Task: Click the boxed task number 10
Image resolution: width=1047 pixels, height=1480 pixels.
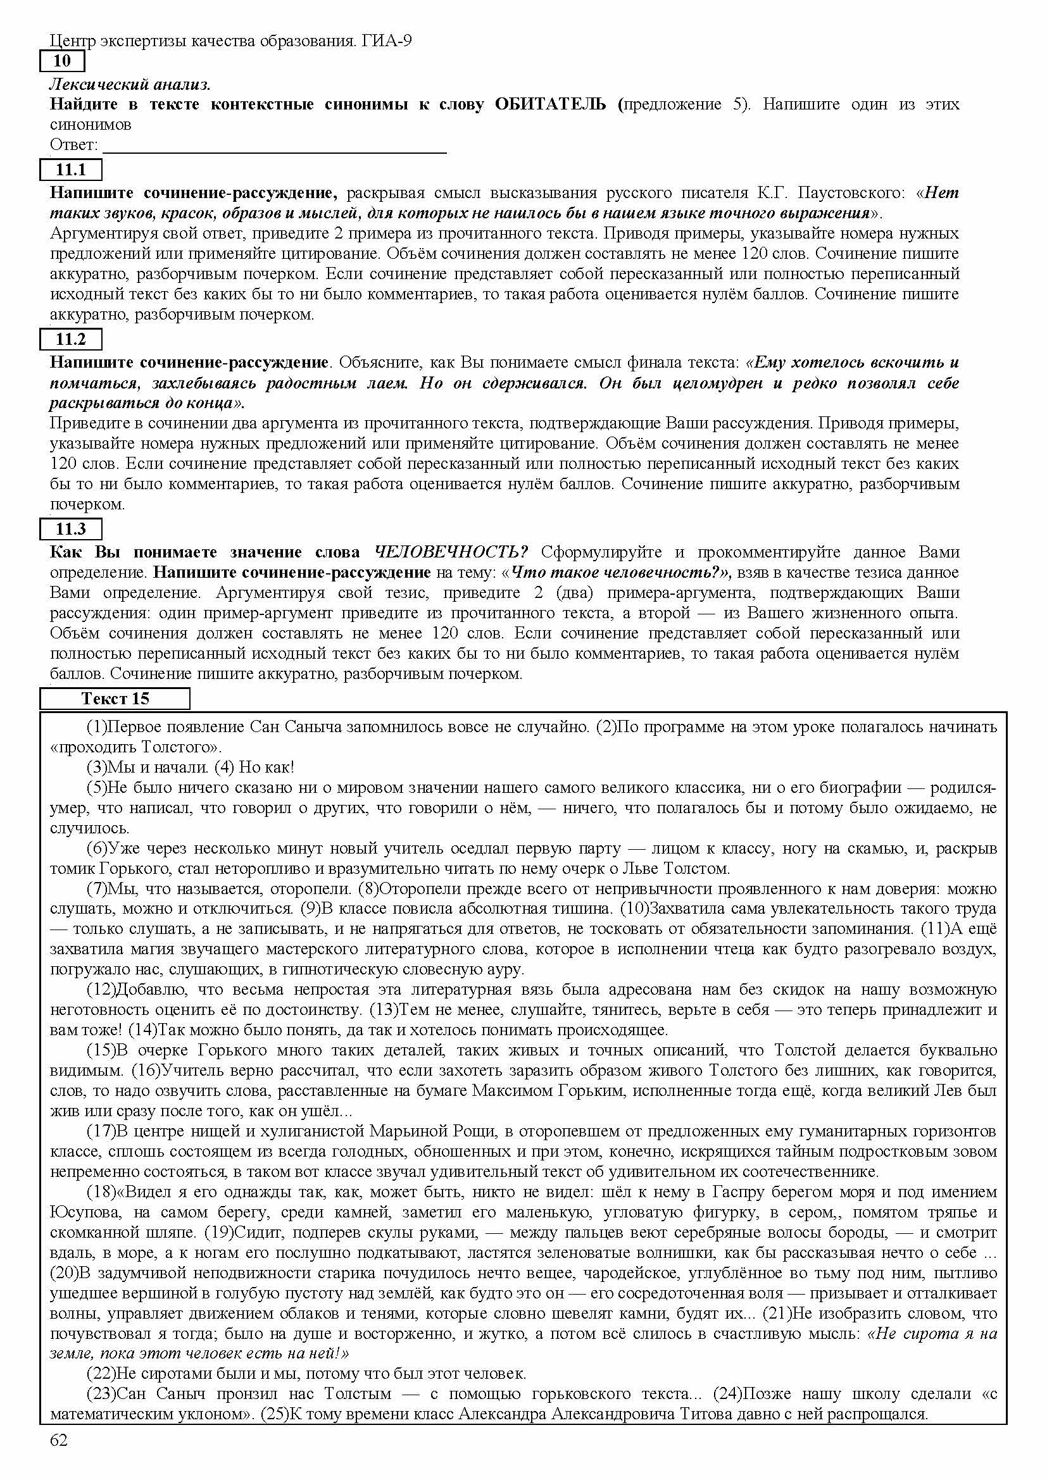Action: coord(62,61)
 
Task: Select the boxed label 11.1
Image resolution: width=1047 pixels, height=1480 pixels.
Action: coord(71,170)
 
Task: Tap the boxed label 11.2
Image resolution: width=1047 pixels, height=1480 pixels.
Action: coord(71,339)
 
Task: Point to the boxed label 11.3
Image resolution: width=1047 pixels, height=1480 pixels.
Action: coord(71,529)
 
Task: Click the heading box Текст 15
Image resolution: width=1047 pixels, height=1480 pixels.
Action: coord(115,699)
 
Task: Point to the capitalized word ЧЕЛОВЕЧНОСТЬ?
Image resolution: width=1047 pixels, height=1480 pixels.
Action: coord(451,552)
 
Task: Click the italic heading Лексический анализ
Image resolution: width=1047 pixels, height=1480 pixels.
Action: coord(130,84)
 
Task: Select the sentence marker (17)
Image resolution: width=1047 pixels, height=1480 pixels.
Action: coord(101,1131)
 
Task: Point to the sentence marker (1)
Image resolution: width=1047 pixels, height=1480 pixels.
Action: coord(97,727)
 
